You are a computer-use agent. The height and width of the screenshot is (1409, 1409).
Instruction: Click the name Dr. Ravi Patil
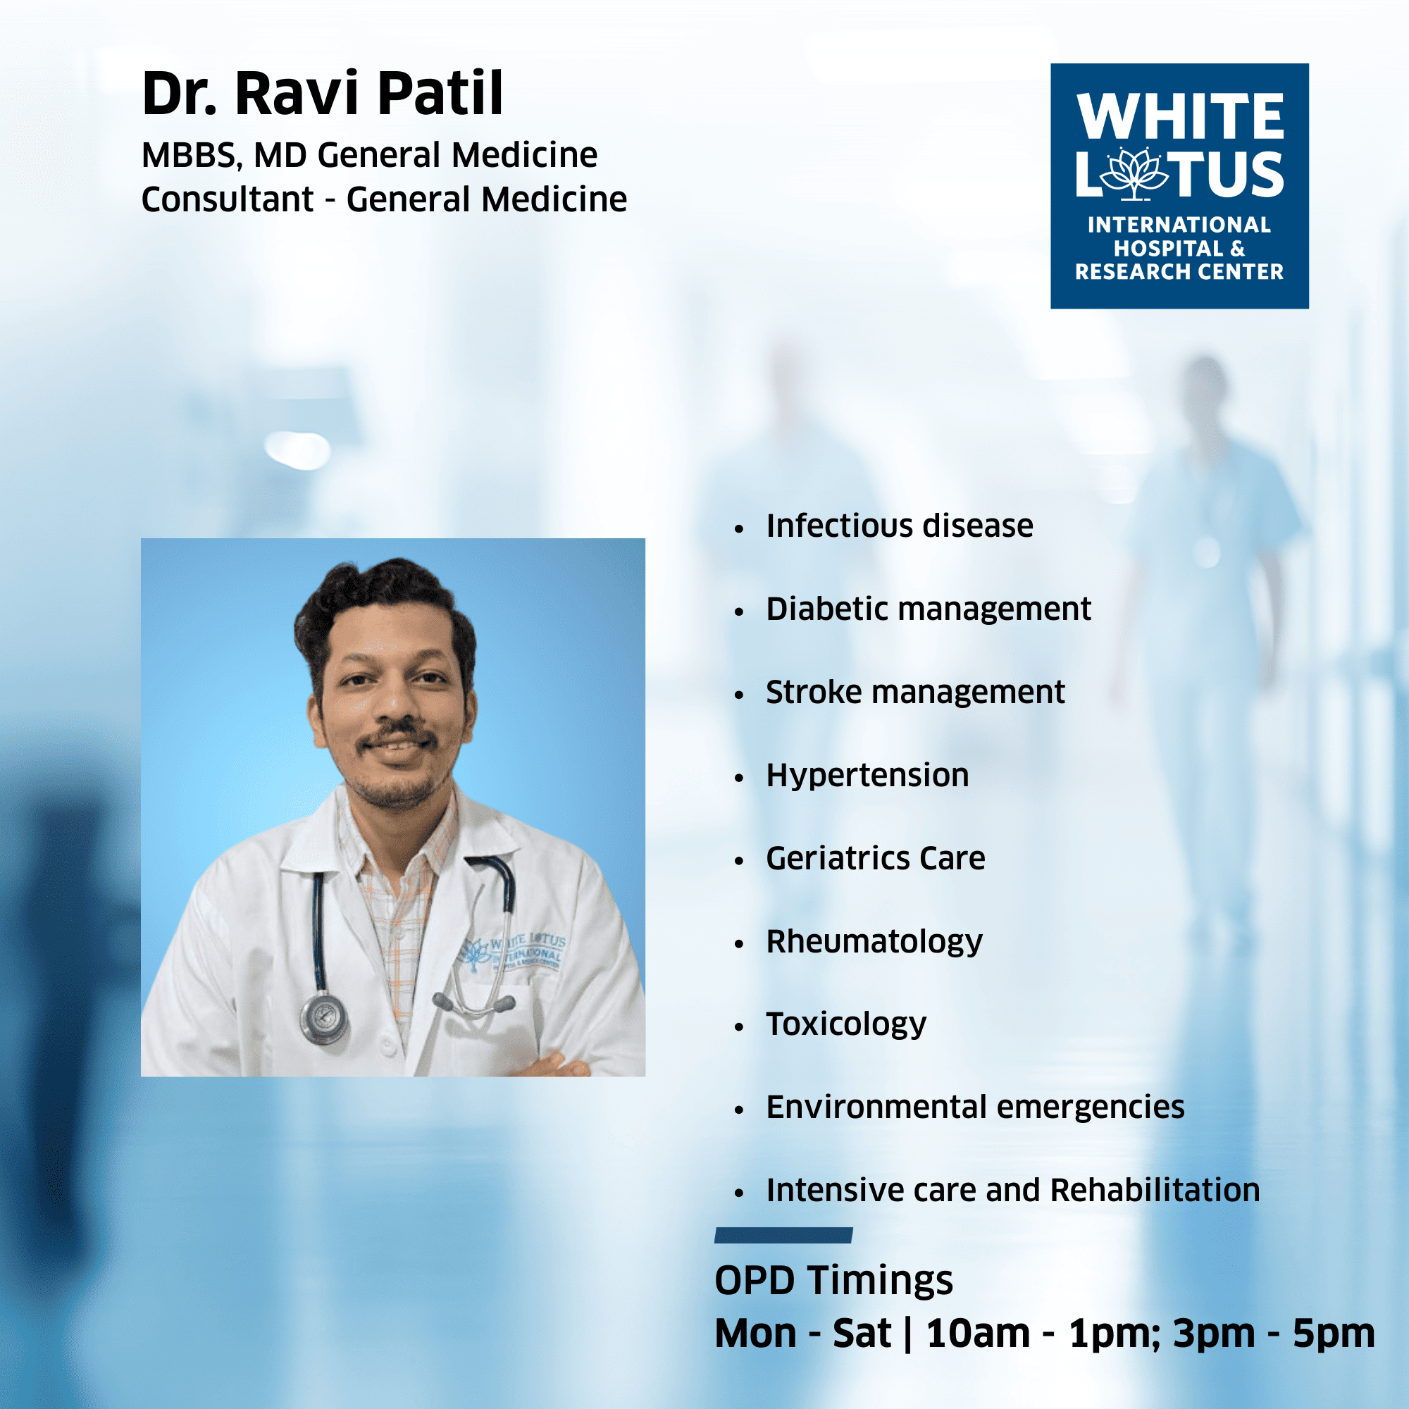coord(323,94)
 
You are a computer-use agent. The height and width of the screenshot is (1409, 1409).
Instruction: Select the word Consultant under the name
coord(228,199)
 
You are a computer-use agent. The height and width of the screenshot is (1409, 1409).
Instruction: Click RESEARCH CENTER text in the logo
coord(1179,272)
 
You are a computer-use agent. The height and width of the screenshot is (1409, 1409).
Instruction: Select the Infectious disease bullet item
coord(899,526)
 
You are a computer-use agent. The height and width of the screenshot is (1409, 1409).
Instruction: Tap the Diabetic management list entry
coord(929,609)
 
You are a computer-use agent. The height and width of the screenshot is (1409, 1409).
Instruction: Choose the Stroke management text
coord(915,692)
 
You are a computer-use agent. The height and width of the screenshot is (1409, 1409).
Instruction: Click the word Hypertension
coord(867,775)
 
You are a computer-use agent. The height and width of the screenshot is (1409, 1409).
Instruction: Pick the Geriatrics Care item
coord(875,858)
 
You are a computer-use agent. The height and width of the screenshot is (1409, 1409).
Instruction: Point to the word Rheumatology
coord(874,941)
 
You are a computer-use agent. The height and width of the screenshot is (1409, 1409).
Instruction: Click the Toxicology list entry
coord(846,1024)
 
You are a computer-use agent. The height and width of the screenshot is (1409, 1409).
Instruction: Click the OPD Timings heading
coord(833,1281)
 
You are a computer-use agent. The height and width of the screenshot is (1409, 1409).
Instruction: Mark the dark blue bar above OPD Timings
coord(784,1235)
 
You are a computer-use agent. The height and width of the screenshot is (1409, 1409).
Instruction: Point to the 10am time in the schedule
coord(978,1334)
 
